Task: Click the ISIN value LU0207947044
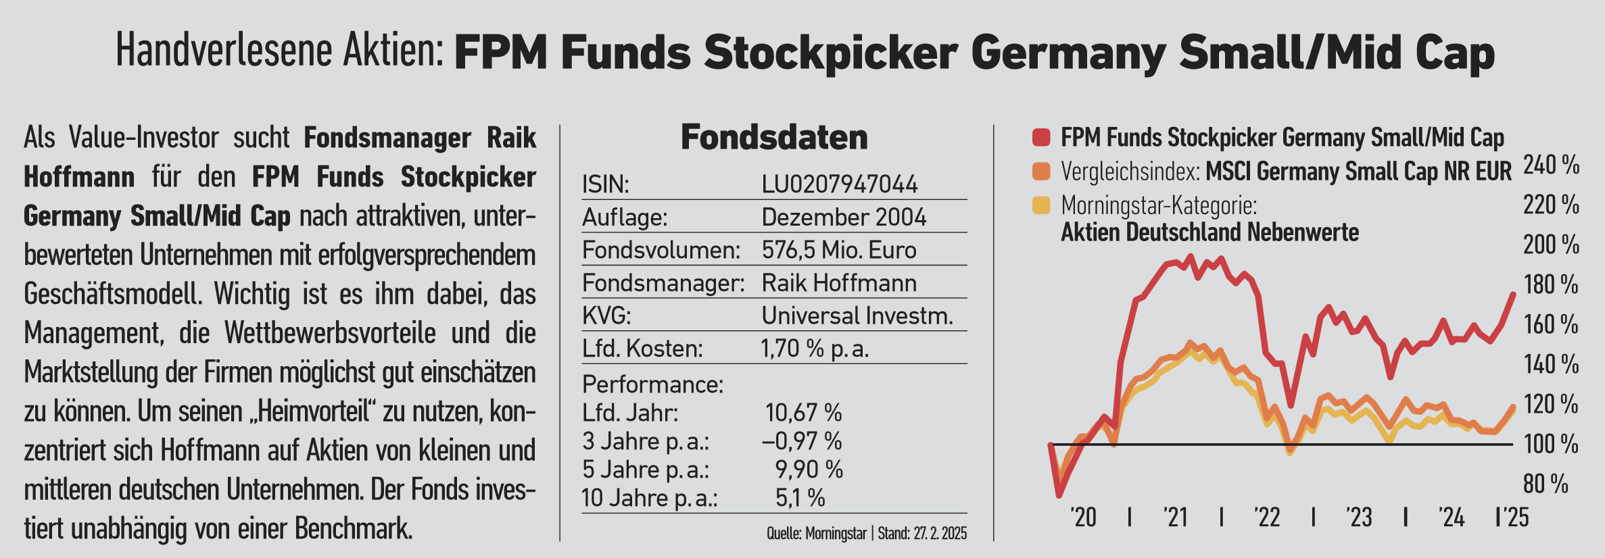point(839,184)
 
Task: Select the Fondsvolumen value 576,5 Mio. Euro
point(838,251)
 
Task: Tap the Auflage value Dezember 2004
point(843,218)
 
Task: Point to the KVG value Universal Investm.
point(857,316)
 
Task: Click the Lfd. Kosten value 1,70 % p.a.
point(815,349)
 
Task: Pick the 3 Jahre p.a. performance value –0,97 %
point(802,442)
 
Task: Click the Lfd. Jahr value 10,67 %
point(803,413)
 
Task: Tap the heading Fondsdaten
point(774,138)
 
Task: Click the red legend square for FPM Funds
point(1041,138)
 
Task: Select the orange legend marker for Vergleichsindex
point(1041,172)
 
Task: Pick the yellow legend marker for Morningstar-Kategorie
point(1041,205)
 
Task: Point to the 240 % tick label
point(1551,165)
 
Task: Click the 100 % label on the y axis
point(1551,445)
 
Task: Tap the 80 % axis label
point(1546,484)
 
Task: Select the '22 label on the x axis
point(1267,518)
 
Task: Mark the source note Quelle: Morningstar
point(817,534)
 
